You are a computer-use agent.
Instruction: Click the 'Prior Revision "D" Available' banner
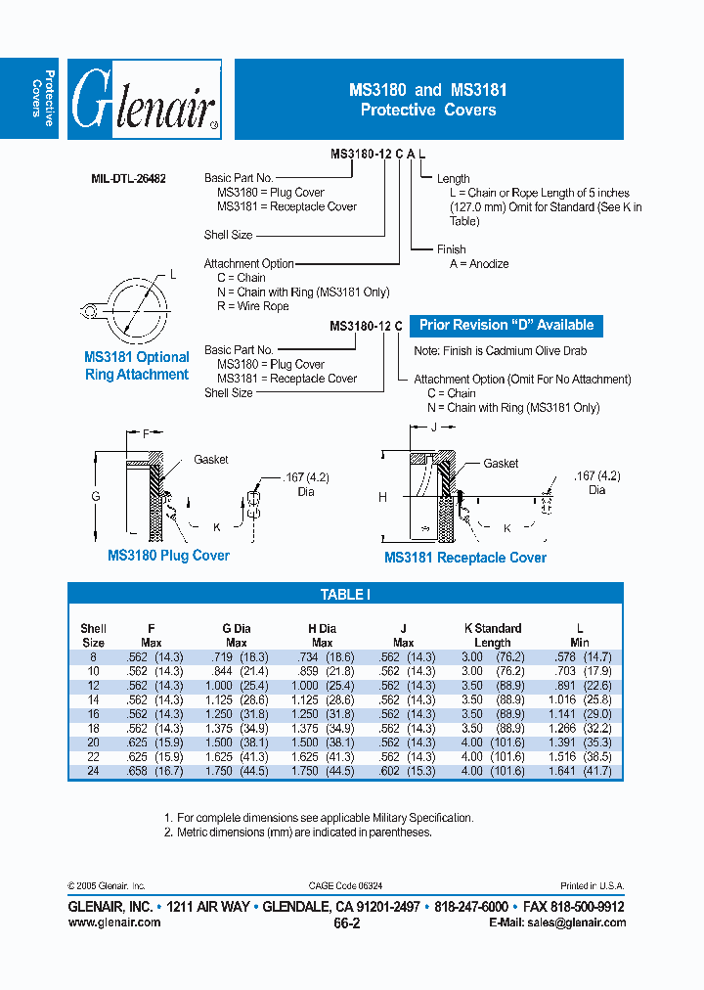click(506, 325)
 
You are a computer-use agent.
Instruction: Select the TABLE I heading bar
click(345, 594)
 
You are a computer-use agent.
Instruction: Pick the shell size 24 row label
click(93, 771)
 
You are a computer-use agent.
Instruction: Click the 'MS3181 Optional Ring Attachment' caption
click(137, 366)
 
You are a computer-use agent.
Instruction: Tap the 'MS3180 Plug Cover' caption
click(168, 556)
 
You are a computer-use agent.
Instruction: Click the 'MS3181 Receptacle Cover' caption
click(465, 558)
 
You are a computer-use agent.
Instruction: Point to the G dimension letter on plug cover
click(96, 497)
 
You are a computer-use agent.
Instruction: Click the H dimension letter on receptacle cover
click(382, 497)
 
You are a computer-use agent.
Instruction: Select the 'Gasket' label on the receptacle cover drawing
click(501, 463)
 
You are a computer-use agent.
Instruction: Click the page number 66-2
click(347, 922)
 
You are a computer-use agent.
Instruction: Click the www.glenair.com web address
click(114, 922)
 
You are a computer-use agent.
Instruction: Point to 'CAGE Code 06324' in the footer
click(347, 885)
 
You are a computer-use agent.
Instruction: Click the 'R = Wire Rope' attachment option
click(252, 306)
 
